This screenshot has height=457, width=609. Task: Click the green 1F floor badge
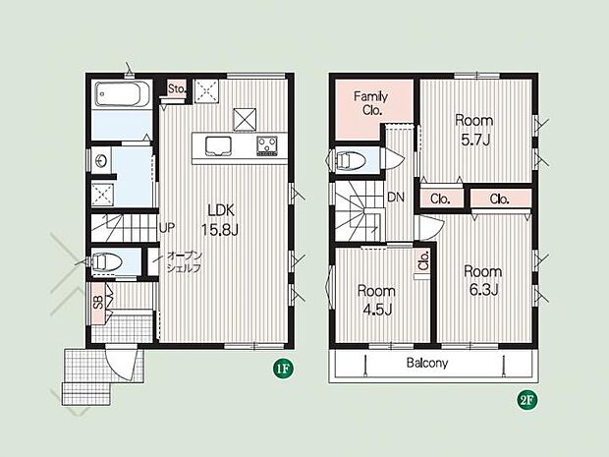pyautogui.click(x=283, y=369)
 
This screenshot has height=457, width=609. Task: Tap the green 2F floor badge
pyautogui.click(x=526, y=400)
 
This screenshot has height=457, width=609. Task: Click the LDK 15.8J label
pyautogui.click(x=220, y=220)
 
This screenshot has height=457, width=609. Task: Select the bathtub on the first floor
pyautogui.click(x=122, y=93)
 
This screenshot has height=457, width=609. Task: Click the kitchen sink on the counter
pyautogui.click(x=218, y=145)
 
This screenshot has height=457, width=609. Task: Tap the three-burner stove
pyautogui.click(x=267, y=145)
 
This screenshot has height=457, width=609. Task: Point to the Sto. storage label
pyautogui.click(x=177, y=89)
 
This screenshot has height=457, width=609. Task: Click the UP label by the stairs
pyautogui.click(x=167, y=228)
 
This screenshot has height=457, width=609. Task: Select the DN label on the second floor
pyautogui.click(x=396, y=198)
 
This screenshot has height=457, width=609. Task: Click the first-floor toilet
pyautogui.click(x=103, y=261)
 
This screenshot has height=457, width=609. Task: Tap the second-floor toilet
pyautogui.click(x=347, y=160)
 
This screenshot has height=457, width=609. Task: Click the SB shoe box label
pyautogui.click(x=98, y=303)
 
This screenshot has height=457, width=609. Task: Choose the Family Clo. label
pyautogui.click(x=370, y=103)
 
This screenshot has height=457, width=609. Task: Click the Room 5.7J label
pyautogui.click(x=474, y=130)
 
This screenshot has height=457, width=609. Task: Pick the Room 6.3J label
pyautogui.click(x=483, y=280)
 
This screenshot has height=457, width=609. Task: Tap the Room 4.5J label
pyautogui.click(x=376, y=301)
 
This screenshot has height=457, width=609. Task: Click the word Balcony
pyautogui.click(x=427, y=363)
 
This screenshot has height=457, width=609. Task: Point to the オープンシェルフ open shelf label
pyautogui.click(x=184, y=262)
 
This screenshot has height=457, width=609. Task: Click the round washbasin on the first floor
pyautogui.click(x=102, y=160)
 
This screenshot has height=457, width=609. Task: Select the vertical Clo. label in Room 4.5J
pyautogui.click(x=423, y=260)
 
